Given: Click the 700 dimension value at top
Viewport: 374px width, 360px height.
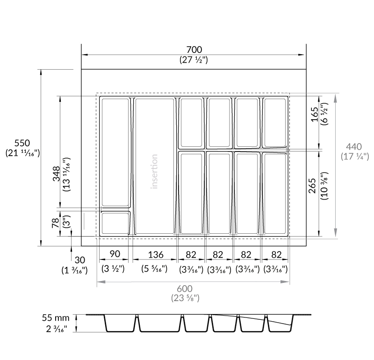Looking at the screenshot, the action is pyautogui.click(x=194, y=50).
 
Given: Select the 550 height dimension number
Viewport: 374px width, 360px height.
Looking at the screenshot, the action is pyautogui.click(x=22, y=143).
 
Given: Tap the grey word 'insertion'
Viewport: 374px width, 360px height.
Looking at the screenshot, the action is pyautogui.click(x=154, y=172).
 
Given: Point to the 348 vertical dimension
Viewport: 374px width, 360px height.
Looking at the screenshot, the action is pyautogui.click(x=56, y=174).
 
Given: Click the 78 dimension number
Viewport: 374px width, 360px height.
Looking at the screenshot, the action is pyautogui.click(x=55, y=223).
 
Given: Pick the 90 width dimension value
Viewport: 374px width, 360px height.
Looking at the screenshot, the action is pyautogui.click(x=115, y=254).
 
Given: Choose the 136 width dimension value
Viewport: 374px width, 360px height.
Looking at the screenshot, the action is pyautogui.click(x=156, y=255).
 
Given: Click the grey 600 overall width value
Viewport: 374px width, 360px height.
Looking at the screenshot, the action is pyautogui.click(x=185, y=288).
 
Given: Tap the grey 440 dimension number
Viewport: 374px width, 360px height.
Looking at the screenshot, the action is pyautogui.click(x=354, y=146).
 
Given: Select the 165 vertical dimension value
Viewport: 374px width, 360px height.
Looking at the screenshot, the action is pyautogui.click(x=315, y=114).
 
